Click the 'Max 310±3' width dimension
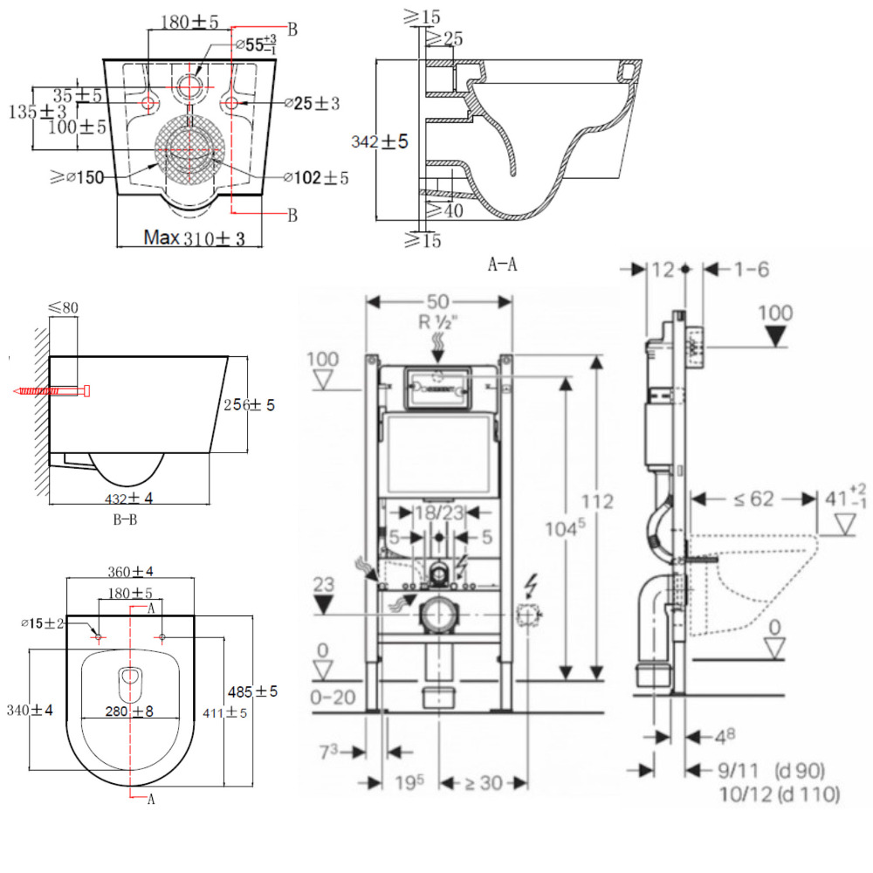(194, 237)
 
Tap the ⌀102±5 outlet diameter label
(315, 177)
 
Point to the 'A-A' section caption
(502, 265)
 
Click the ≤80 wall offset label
(63, 307)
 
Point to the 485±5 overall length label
(253, 691)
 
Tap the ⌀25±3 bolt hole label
(312, 104)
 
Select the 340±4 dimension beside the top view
(28, 711)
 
